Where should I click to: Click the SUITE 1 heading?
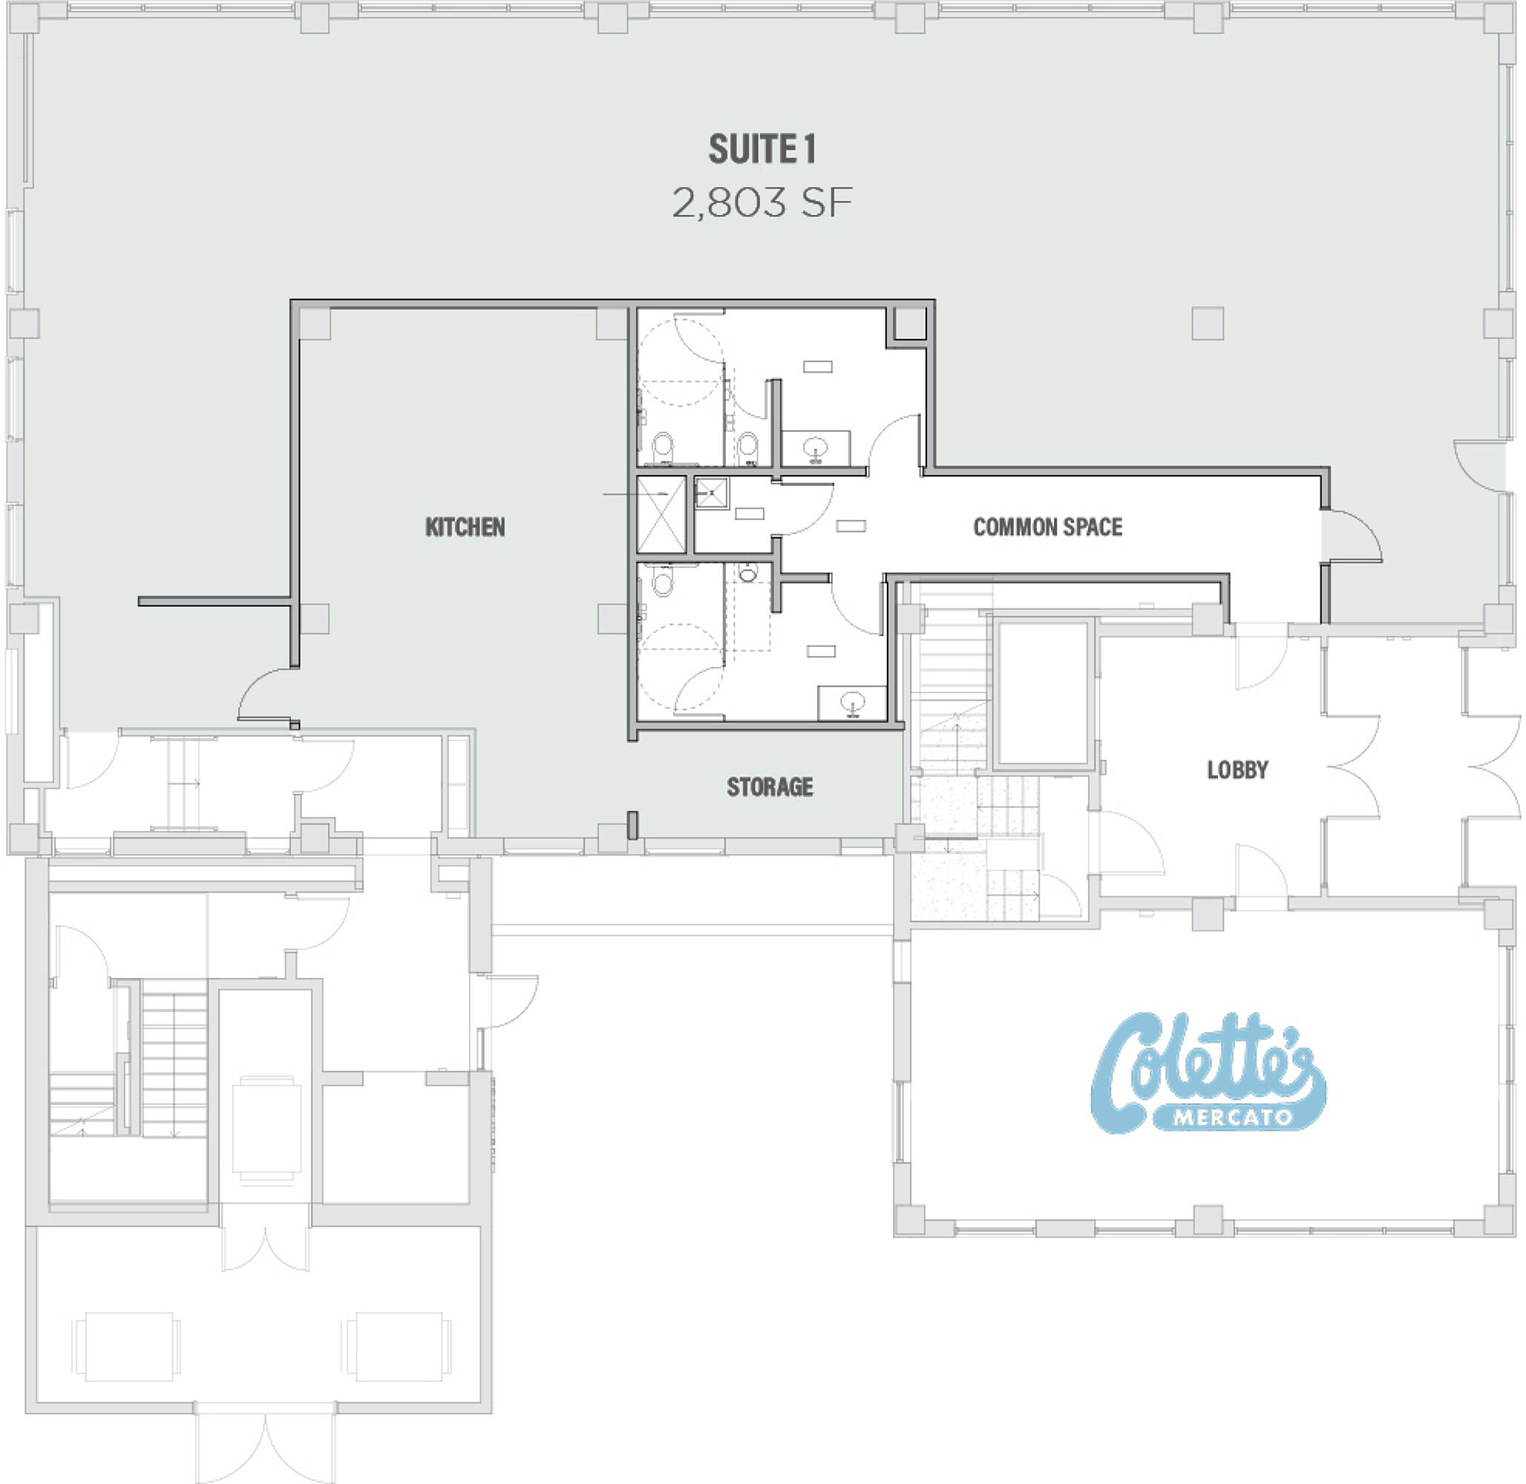[762, 150]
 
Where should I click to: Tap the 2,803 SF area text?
[762, 203]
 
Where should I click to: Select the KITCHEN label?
[465, 528]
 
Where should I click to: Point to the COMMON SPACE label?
[1047, 528]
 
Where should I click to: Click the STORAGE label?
[770, 787]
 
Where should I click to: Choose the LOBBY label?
[1237, 770]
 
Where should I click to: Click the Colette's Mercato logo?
[1208, 1072]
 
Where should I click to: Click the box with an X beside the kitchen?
[661, 514]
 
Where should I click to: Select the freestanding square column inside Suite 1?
[1207, 324]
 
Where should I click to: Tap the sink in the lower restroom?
[853, 703]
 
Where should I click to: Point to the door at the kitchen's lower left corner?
[266, 696]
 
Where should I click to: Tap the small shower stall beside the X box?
[711, 493]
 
